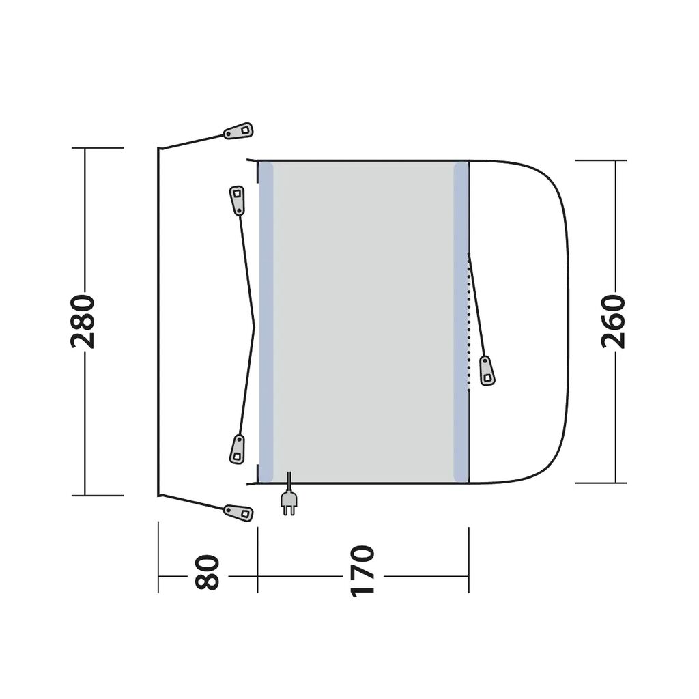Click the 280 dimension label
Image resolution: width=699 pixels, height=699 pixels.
(83, 321)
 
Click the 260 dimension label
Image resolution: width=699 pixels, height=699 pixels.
(614, 321)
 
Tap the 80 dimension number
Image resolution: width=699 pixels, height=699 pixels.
(208, 572)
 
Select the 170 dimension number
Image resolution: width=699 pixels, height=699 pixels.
(362, 571)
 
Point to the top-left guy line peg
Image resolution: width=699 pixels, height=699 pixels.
(238, 130)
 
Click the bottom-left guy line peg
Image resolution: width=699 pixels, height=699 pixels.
(238, 513)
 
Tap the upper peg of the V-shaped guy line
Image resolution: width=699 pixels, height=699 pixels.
(237, 201)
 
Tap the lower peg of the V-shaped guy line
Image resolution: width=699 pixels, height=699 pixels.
(237, 449)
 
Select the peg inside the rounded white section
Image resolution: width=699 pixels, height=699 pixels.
(487, 371)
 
